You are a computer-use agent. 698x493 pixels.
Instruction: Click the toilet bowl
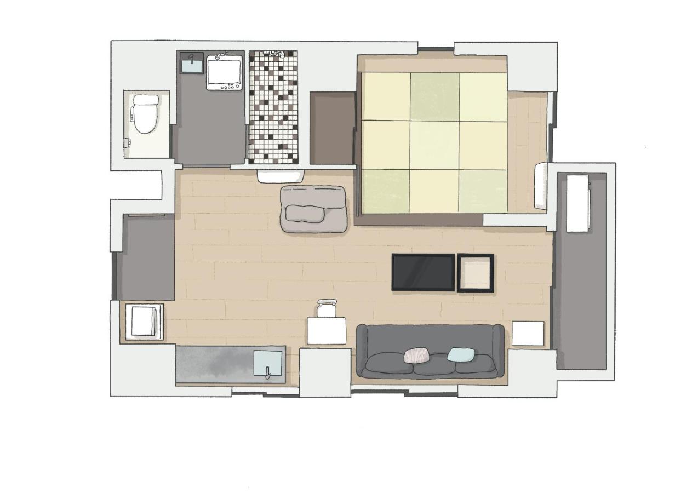point(145,121)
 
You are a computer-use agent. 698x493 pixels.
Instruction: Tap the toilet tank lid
point(146,100)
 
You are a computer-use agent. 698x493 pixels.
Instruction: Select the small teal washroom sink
point(192,65)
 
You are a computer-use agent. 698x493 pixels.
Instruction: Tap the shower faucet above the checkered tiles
point(274,54)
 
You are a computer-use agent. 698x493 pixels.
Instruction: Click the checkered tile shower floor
point(273,110)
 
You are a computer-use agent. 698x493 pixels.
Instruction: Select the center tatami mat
point(434,144)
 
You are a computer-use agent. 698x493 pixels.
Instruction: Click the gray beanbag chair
point(313,209)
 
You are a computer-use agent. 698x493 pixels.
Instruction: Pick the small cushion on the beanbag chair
point(305,213)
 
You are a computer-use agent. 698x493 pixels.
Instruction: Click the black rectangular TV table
point(423,272)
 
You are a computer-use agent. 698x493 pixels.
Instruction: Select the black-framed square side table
point(476,273)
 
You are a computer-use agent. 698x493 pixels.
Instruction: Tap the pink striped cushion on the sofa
point(417,355)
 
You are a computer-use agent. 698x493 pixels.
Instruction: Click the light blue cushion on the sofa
point(460,354)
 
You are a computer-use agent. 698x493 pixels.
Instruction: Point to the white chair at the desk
point(327,308)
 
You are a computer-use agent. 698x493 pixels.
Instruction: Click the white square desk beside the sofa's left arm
point(327,331)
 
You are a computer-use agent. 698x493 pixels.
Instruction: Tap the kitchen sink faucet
point(268,372)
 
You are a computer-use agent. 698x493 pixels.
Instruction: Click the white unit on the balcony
point(577,203)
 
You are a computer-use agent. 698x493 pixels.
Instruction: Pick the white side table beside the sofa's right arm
point(528,334)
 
